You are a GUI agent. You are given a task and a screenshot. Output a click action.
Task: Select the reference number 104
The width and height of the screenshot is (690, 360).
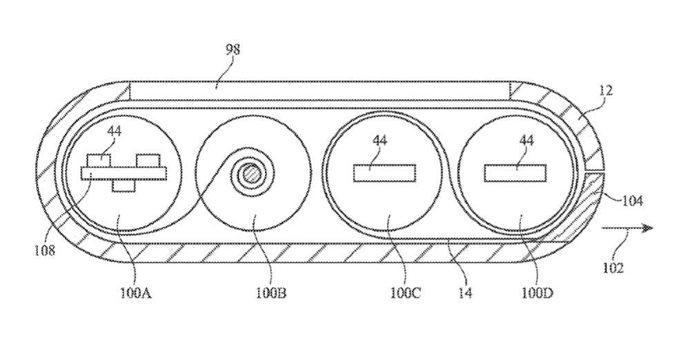pos(632,201)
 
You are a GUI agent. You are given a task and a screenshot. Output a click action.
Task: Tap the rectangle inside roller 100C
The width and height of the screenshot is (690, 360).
pos(384,172)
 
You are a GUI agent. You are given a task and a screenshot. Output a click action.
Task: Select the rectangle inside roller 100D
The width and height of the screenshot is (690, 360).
pos(516,172)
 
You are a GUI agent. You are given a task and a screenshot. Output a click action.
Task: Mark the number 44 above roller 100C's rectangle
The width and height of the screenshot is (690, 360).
pos(379,141)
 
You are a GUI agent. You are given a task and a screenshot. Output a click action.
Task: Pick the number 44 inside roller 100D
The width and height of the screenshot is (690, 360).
pos(526,141)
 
